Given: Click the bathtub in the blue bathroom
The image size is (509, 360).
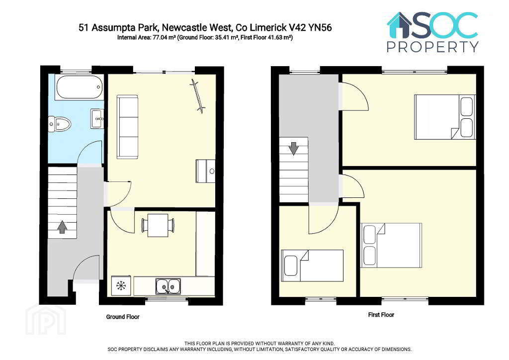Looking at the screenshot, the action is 80,87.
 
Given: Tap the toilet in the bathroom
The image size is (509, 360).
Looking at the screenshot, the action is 60,124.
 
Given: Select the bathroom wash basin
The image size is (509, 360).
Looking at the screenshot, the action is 97,118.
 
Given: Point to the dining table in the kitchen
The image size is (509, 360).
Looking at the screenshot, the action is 158,225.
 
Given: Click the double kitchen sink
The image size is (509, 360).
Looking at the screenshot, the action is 168,286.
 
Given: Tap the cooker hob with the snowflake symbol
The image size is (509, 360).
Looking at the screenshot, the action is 121,285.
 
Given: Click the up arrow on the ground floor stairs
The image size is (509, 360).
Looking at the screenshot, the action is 62,227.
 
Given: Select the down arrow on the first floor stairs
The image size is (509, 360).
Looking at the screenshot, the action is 293,148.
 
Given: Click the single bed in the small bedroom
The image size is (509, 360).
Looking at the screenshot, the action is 312,266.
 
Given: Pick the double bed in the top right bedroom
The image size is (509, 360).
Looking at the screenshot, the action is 445,117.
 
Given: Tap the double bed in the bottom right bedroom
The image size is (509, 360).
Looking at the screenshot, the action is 391,246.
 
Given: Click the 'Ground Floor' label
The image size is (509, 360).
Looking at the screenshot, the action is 123,317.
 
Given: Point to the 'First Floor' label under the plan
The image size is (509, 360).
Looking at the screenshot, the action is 381,315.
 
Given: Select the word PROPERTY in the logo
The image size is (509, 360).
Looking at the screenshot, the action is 433,47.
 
